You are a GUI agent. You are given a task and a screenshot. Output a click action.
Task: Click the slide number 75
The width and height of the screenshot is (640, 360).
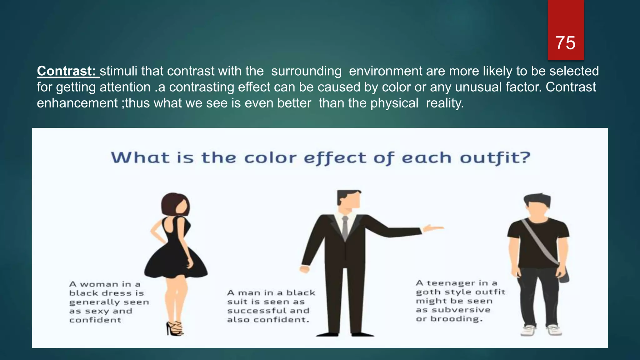(565, 43)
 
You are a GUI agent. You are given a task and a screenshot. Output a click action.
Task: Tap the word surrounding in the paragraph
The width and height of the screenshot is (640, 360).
(306, 71)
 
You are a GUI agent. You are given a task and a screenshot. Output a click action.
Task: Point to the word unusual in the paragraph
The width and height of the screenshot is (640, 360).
(478, 87)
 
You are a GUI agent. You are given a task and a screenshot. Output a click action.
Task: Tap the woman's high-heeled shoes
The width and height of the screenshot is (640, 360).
(175, 329)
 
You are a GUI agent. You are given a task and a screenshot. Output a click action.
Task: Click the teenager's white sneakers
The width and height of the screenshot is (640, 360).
(541, 331)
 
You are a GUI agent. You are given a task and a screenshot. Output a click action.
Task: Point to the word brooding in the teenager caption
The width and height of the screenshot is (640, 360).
(456, 319)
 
